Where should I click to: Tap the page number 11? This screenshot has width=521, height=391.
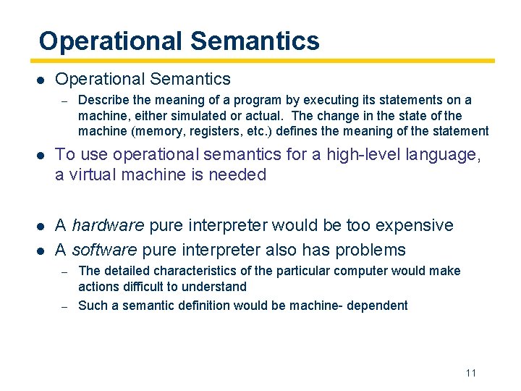pos(470,373)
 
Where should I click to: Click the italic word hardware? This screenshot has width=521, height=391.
pos(108,225)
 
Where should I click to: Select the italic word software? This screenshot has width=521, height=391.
pos(103,250)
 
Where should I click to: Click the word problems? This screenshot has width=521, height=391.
pos(371,250)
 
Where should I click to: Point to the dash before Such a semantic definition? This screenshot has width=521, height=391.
pos(64,306)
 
